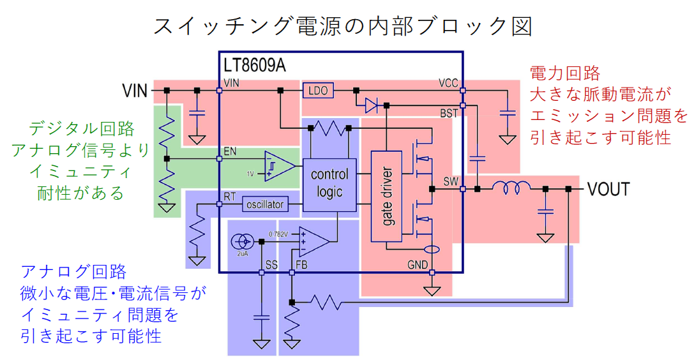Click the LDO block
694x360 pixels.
point(317,91)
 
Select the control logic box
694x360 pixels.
point(329,183)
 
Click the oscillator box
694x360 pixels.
point(265,204)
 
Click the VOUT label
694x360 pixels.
point(608,189)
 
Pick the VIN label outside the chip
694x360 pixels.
point(135,91)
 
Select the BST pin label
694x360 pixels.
point(449,114)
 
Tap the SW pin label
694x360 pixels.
point(451,182)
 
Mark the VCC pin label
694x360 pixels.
point(448,84)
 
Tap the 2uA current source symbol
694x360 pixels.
point(241,242)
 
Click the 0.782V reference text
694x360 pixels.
point(281,232)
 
